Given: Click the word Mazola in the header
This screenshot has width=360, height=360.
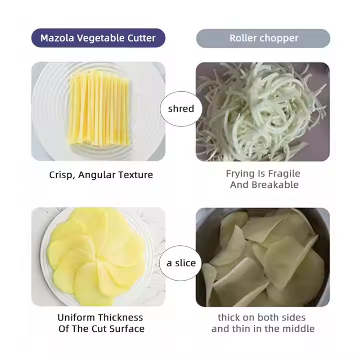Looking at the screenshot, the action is click(57, 38).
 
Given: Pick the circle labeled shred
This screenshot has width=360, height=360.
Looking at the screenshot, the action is click(181, 109).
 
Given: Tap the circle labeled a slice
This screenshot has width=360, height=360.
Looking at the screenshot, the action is click(181, 263).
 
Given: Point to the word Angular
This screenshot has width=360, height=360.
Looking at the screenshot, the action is click(97, 175).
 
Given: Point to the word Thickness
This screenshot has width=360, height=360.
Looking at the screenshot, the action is click(121, 318).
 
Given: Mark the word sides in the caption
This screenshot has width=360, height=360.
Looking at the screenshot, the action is click(294, 318).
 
